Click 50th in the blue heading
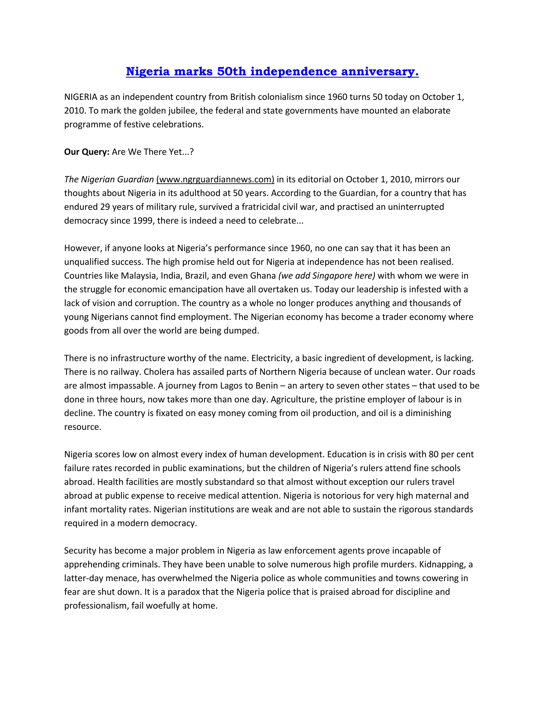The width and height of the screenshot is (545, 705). (232, 71)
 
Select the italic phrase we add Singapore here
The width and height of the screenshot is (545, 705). (327, 276)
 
